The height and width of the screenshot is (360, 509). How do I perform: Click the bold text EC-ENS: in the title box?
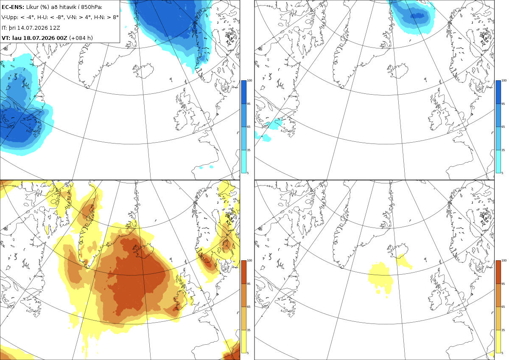(13, 7)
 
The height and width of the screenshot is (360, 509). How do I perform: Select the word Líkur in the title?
(32, 7)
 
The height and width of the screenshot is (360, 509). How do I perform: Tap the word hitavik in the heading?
(67, 7)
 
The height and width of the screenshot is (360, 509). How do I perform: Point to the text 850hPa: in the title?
(92, 7)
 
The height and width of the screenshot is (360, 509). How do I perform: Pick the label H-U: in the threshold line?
(43, 17)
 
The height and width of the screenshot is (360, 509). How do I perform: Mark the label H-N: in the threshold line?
(100, 17)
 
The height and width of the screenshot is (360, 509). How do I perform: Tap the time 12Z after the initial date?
(55, 28)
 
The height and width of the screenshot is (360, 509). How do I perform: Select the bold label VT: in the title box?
(6, 38)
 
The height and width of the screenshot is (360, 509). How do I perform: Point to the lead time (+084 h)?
(81, 38)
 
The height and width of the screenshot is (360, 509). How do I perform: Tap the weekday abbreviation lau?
(17, 38)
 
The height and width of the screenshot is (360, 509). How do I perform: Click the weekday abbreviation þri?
(11, 28)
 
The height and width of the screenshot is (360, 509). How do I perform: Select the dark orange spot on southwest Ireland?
(176, 309)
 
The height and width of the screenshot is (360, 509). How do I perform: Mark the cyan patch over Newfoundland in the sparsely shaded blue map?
(276, 124)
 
